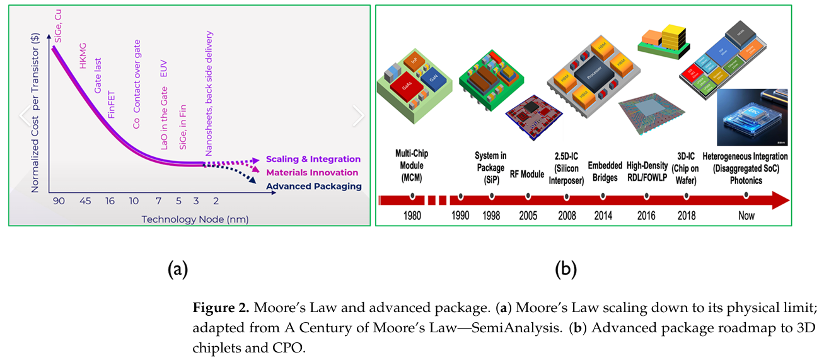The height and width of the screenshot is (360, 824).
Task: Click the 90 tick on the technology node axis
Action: click(x=58, y=201)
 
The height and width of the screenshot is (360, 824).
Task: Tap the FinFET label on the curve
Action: click(x=111, y=106)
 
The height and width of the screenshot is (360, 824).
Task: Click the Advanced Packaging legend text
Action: click(x=313, y=186)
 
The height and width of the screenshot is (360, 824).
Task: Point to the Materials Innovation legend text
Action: click(x=312, y=173)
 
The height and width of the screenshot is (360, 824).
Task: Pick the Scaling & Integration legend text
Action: click(x=313, y=160)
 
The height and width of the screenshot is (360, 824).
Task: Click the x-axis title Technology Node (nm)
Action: click(x=195, y=219)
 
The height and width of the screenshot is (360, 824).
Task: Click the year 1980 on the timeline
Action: click(x=412, y=216)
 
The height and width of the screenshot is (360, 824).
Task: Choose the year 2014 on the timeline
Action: click(x=603, y=216)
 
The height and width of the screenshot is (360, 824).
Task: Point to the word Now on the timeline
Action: click(x=746, y=216)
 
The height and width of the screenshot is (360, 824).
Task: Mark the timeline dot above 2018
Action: click(x=686, y=196)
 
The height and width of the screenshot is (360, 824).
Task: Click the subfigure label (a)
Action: click(x=178, y=269)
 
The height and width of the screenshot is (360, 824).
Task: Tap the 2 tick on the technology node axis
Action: click(x=216, y=201)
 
